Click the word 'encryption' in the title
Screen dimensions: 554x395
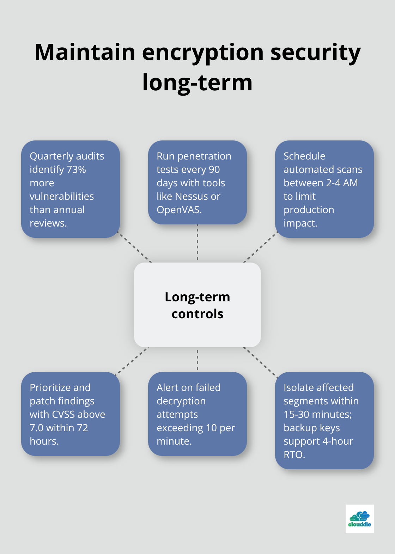tap(202, 52)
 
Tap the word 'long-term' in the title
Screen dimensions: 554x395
tap(197, 83)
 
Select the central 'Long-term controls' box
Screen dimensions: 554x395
tap(197, 305)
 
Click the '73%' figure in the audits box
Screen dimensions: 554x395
tap(76, 170)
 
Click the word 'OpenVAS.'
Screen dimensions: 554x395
tap(179, 210)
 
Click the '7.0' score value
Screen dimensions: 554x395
tap(36, 428)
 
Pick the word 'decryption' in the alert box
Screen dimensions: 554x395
tap(181, 401)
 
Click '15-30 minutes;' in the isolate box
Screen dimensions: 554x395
tap(317, 415)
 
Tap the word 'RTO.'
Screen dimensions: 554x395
tap(294, 455)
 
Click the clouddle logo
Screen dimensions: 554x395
tap(359, 518)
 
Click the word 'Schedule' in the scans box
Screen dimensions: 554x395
tap(304, 156)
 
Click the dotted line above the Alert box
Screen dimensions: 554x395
tap(197, 360)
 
